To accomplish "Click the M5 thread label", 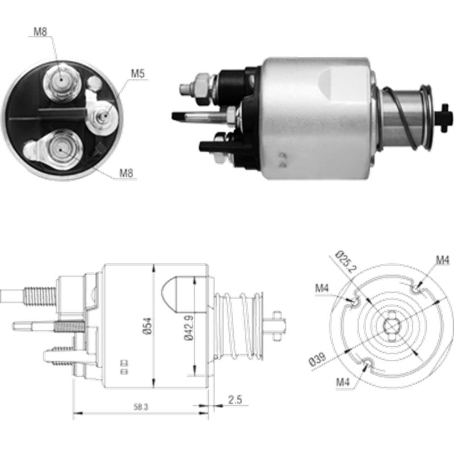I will click(x=138, y=73).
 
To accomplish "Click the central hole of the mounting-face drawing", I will click(x=390, y=326).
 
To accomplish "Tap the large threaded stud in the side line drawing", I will click(x=40, y=295).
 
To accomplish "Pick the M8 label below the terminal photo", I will click(x=126, y=173).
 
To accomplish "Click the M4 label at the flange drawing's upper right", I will click(x=443, y=260).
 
